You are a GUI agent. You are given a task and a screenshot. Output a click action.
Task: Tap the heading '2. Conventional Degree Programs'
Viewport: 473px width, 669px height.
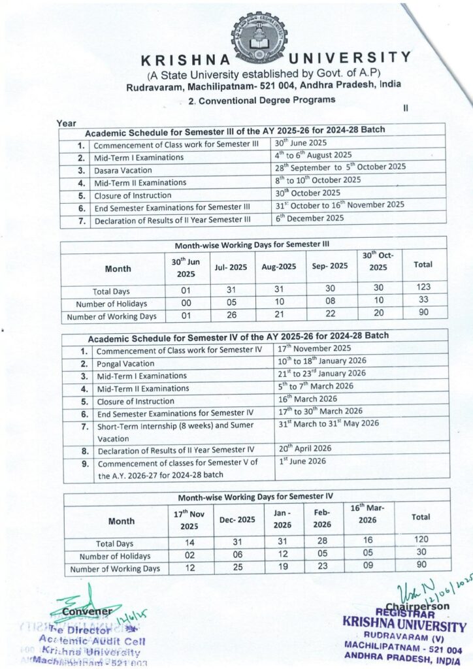pyautogui.click(x=261, y=101)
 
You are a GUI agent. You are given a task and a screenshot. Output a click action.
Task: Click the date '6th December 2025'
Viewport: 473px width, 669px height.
pyautogui.click(x=309, y=218)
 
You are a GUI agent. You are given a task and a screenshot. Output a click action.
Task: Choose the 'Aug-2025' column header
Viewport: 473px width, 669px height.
pyautogui.click(x=280, y=267)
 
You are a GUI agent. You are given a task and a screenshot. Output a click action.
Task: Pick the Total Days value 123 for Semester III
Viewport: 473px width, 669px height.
pyautogui.click(x=421, y=287)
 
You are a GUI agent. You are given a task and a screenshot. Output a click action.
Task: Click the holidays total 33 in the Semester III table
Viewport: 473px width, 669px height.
pyautogui.click(x=421, y=299)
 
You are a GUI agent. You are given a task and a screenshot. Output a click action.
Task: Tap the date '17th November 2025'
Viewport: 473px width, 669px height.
pyautogui.click(x=314, y=348)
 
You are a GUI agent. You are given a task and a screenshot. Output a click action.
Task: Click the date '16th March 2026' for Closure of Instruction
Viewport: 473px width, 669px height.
pyautogui.click(x=308, y=399)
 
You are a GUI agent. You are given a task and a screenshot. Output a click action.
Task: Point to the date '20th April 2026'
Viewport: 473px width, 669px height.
pyautogui.click(x=305, y=448)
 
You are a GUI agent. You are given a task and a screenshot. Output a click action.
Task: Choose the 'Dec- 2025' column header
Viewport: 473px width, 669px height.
pyautogui.click(x=236, y=521)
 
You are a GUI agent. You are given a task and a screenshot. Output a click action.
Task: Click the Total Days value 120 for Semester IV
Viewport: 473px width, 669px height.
pyautogui.click(x=421, y=539)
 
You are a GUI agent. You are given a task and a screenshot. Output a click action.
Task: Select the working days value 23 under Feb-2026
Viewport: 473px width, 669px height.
pyautogui.click(x=321, y=567)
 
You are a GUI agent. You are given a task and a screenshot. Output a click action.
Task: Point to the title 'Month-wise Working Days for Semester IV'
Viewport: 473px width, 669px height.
pyautogui.click(x=255, y=496)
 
